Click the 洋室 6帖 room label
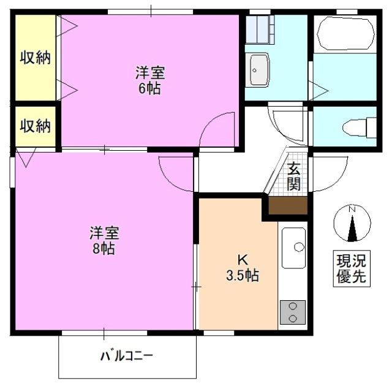(149, 80)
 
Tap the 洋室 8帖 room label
(104, 241)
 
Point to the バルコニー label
(127, 355)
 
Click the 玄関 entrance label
(294, 176)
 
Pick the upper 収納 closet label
(35, 58)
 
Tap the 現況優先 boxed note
(351, 268)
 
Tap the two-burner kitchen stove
(293, 312)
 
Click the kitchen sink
(295, 246)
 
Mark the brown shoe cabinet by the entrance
(288, 205)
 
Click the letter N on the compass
(352, 210)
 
